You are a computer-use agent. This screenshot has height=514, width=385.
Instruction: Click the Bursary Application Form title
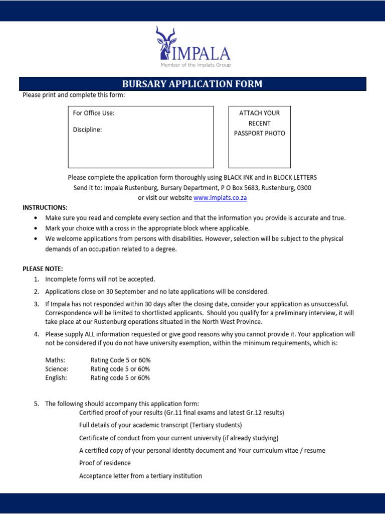[x=192, y=84]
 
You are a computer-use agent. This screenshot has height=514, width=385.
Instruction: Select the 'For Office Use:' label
[x=94, y=113]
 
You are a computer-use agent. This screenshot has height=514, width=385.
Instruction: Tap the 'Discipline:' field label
[x=87, y=130]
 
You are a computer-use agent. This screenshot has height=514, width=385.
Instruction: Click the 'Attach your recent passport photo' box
[x=259, y=137]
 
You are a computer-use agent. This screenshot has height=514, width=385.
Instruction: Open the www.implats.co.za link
[x=220, y=198]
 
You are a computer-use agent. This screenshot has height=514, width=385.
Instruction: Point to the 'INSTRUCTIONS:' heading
[x=45, y=208]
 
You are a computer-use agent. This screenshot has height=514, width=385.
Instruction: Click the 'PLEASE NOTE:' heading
[x=43, y=269]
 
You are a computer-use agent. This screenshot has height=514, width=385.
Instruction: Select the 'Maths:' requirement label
[x=55, y=360]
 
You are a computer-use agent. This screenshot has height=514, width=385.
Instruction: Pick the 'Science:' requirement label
[x=57, y=369]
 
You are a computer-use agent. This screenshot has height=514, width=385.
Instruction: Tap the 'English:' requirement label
[x=56, y=378]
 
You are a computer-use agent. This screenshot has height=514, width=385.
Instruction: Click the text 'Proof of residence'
[x=105, y=463]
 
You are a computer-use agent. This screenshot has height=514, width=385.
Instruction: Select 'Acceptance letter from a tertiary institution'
[x=140, y=476]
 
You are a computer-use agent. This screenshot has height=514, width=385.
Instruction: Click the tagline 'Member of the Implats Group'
[x=196, y=65]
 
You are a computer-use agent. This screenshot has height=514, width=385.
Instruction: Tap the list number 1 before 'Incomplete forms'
[x=37, y=279]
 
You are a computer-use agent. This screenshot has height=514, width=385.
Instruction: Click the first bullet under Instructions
[x=35, y=218]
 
